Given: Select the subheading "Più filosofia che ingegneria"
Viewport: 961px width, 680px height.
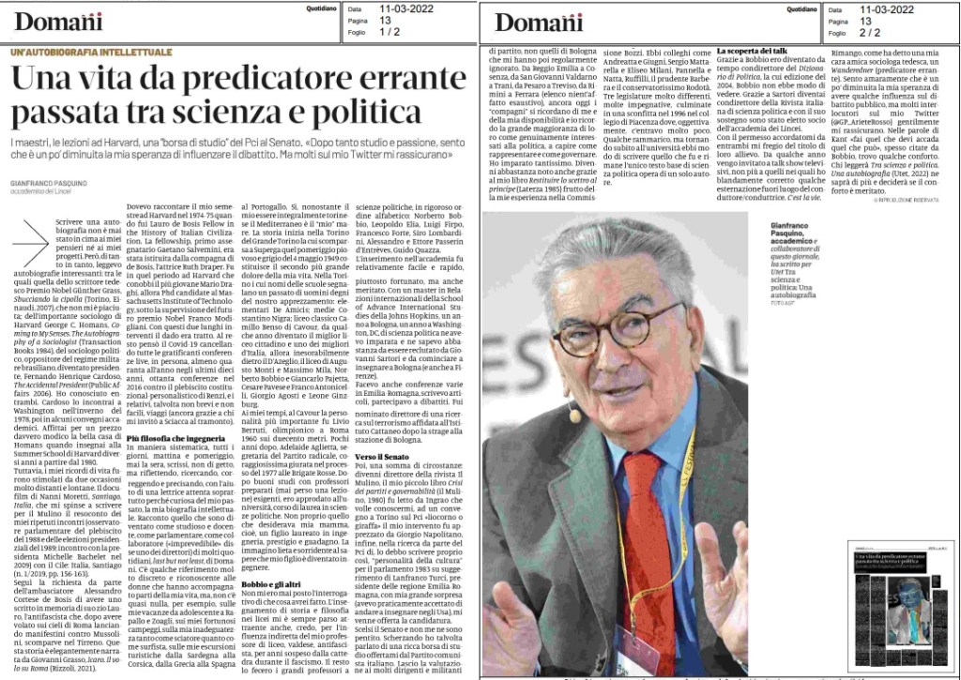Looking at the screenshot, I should point(175,438).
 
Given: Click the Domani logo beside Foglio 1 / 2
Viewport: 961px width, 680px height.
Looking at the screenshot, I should point(58,21).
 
